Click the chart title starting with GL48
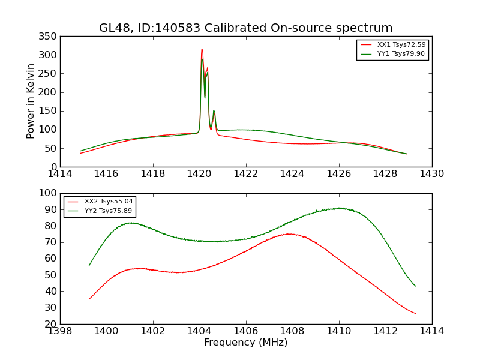click(x=246, y=28)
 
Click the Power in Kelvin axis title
click(x=31, y=101)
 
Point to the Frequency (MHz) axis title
click(x=246, y=343)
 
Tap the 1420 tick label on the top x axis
click(x=199, y=174)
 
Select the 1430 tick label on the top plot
click(x=431, y=174)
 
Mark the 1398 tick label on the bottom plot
click(x=60, y=331)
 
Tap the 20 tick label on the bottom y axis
click(x=51, y=324)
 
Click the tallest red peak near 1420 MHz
click(x=202, y=50)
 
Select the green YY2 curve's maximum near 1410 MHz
click(x=340, y=208)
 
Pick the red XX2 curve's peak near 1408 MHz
click(x=289, y=234)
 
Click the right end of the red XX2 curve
click(x=415, y=313)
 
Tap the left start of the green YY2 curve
click(x=89, y=265)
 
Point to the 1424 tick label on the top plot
click(x=292, y=174)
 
